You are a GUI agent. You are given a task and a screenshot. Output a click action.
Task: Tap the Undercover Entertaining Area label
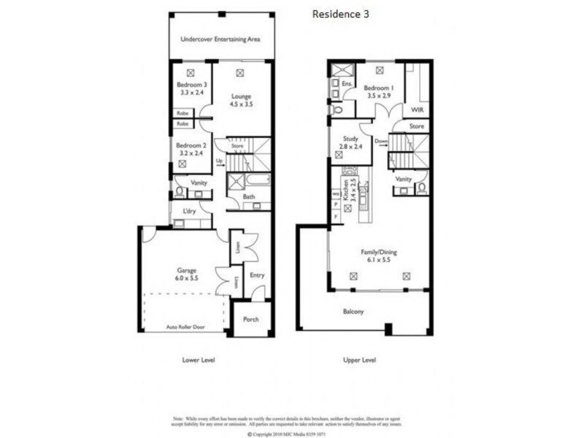(x=220, y=39)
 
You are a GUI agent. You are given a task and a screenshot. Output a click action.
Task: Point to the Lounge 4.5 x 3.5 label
(x=241, y=100)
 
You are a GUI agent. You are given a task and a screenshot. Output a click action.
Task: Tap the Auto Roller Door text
(x=183, y=326)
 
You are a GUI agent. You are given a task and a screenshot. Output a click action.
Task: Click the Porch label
(x=250, y=319)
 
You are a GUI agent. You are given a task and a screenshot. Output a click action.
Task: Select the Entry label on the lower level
(x=257, y=275)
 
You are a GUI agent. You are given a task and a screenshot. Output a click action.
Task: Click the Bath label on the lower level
(x=249, y=197)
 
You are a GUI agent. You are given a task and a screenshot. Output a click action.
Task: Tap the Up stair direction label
(x=219, y=162)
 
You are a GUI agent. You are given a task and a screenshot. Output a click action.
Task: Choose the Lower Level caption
(x=198, y=360)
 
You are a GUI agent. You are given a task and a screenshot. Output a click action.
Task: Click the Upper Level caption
(x=359, y=360)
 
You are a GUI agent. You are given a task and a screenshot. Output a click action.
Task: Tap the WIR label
(x=418, y=109)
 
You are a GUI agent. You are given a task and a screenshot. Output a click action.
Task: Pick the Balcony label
(x=353, y=312)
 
